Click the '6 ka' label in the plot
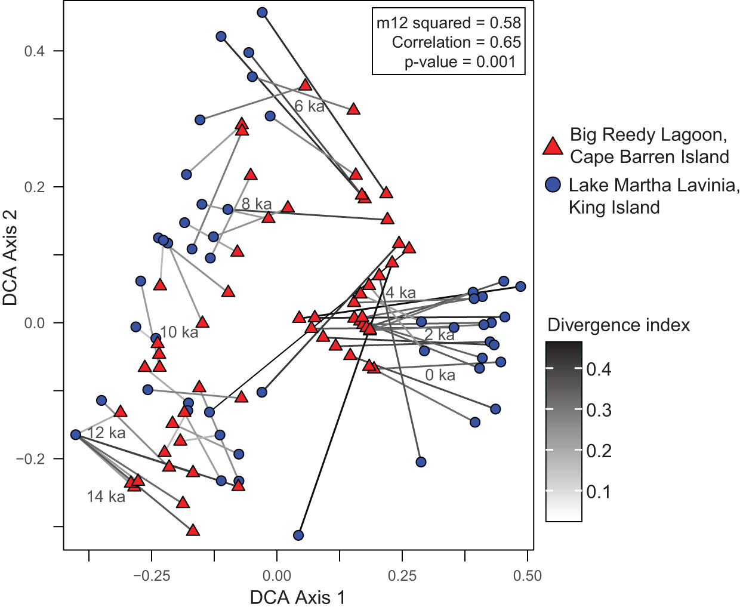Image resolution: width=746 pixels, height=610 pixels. tap(309, 106)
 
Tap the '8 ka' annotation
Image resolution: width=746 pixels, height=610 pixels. tap(257, 204)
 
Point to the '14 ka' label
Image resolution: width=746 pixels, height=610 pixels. tap(106, 497)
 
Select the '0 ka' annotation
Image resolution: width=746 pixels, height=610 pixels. tap(440, 375)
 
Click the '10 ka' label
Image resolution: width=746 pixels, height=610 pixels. tap(179, 332)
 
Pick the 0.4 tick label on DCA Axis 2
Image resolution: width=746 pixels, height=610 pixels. tap(34, 51)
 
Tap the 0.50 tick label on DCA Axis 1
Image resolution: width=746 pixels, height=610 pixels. tap(527, 576)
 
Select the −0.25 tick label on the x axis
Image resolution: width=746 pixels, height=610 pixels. tap(152, 576)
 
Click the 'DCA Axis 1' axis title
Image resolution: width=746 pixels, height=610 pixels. tap(297, 597)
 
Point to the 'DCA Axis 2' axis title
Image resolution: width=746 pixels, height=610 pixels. tap(11, 258)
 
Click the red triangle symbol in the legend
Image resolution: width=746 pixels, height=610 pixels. tap(553, 146)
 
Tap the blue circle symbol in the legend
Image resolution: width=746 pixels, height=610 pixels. tap(553, 184)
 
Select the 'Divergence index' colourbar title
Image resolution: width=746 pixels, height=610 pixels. tap(618, 325)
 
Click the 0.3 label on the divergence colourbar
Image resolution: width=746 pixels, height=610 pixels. tap(599, 410)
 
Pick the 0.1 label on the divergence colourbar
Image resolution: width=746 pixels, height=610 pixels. tap(599, 492)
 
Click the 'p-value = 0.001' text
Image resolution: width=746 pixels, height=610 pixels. tap(460, 62)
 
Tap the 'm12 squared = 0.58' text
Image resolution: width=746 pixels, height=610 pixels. tap(448, 23)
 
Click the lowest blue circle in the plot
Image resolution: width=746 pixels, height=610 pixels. tap(298, 535)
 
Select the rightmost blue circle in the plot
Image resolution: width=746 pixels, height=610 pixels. tap(520, 286)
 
